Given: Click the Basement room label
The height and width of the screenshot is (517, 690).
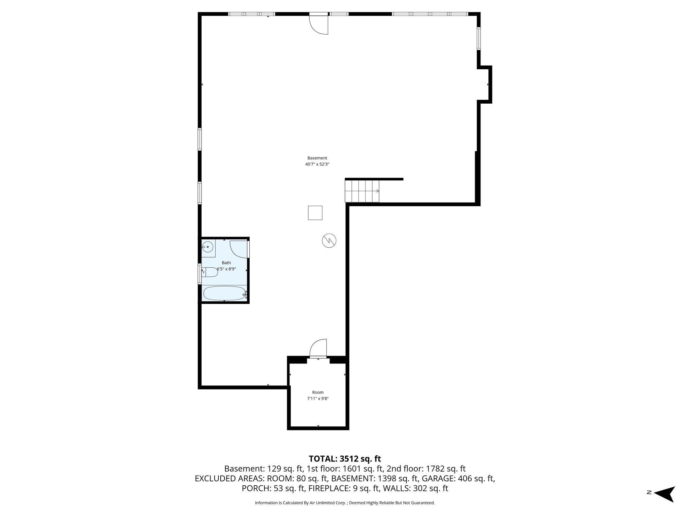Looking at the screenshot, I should tap(317, 158).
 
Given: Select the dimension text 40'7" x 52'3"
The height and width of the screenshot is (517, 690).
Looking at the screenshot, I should tap(317, 164).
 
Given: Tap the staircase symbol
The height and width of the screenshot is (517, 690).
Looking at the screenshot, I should tap(362, 191).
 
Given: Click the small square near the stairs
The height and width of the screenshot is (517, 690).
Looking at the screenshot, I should tap(315, 213).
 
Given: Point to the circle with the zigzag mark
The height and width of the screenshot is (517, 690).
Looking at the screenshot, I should tap(329, 241).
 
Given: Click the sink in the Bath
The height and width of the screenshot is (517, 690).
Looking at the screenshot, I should tap(208, 247).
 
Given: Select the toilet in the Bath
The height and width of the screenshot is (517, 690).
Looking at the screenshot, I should tap(210, 272).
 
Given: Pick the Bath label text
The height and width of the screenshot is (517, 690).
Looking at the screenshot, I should tap(226, 263).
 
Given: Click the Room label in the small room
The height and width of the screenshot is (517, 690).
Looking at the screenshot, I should tap(318, 392).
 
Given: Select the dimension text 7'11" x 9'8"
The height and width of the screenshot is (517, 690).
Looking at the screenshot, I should tap(318, 399).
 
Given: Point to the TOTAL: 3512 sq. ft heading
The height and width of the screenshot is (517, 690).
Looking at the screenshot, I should tap(345, 459).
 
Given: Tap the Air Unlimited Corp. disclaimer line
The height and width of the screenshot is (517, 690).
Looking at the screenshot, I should tap(345, 503).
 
